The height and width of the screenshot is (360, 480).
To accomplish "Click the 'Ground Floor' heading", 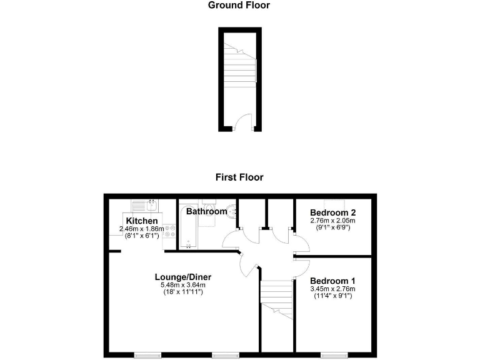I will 239,6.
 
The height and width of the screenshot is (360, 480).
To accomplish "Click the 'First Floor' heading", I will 239,177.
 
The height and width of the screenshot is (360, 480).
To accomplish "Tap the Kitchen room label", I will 141,221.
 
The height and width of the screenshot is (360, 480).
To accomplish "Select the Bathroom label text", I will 206,211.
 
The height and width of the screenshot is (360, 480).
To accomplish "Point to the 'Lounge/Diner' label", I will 183,277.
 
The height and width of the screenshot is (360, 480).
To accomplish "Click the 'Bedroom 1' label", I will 332,280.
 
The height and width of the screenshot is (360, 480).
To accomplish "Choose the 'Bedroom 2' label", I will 332,212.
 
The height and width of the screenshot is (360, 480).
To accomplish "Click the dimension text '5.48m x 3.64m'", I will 183,286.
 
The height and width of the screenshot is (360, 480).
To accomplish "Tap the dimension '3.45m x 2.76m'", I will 332,289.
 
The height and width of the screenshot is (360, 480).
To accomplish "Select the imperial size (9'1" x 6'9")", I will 332,227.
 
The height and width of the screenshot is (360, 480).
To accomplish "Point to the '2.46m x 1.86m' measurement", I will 142,229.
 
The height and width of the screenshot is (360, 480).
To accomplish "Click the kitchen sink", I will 144,205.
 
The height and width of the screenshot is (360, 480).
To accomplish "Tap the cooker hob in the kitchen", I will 168,233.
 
